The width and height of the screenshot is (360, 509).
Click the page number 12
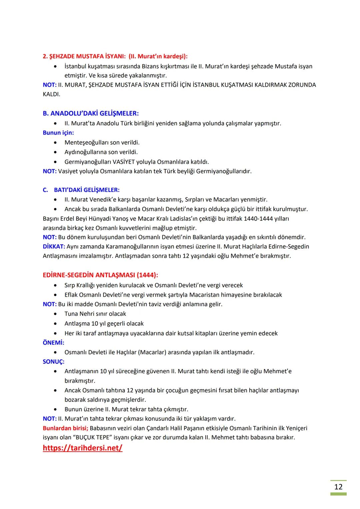pos(338,487)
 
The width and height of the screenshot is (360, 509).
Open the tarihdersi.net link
pos(82,448)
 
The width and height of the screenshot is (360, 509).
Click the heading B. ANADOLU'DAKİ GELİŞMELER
pos(91,113)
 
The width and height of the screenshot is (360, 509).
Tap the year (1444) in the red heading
pos(147,275)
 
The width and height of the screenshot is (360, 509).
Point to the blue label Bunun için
pos(58,133)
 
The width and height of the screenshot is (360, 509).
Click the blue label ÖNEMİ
pos(53,342)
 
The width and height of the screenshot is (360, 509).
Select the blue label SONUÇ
pos(53,362)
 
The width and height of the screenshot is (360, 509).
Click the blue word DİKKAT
pos(54,247)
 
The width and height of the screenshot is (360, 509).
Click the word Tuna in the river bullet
pos(71,314)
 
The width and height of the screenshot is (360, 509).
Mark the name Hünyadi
pos(103,219)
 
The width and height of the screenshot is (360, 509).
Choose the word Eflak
pos(72,295)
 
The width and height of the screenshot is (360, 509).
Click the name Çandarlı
pos(149,428)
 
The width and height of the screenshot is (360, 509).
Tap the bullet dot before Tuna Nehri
pos(55,314)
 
